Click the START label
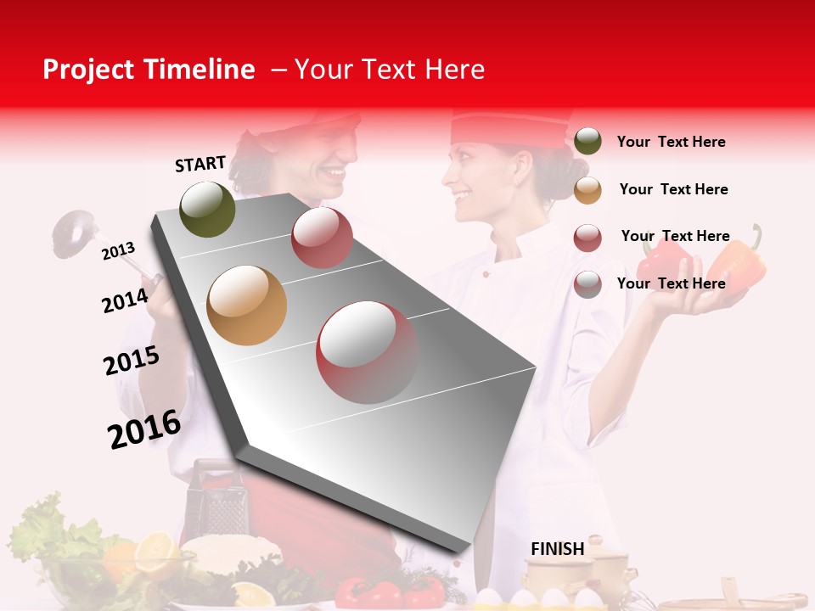(200, 164)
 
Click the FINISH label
(557, 549)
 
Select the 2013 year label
(119, 250)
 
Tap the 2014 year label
(126, 300)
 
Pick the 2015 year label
(132, 361)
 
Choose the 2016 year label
(144, 429)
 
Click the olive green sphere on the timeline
(208, 209)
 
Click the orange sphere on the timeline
(247, 305)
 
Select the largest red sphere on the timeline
(368, 352)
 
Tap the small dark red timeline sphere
(322, 238)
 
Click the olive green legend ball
(587, 141)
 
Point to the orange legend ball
(587, 190)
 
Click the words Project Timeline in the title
(149, 70)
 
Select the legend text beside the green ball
(672, 142)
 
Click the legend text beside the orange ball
(674, 189)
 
